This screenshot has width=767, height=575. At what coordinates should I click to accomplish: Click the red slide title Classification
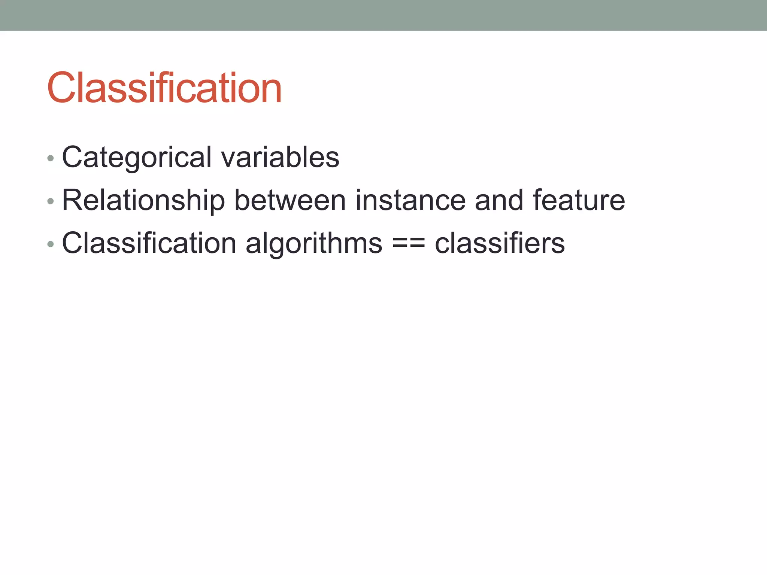(164, 88)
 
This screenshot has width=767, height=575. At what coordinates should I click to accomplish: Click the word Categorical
(137, 157)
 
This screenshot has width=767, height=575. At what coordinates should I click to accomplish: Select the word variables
(280, 157)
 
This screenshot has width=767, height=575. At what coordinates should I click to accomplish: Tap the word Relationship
(143, 200)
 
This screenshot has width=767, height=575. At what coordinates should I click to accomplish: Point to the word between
(290, 200)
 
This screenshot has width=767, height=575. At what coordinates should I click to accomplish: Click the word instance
(410, 200)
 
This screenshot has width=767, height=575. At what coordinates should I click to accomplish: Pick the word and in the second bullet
(499, 200)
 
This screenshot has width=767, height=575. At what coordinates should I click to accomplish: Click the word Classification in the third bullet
(149, 243)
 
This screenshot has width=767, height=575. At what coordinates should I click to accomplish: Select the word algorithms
(314, 243)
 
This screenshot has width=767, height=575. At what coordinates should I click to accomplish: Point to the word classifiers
(500, 243)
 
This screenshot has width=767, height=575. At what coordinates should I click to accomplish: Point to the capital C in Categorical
(73, 157)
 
